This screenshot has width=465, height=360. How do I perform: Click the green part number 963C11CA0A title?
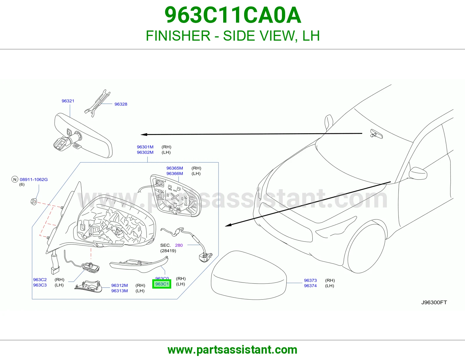[x=233, y=15]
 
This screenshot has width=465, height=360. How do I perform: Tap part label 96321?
[x=68, y=101]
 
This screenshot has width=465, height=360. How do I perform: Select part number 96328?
[x=121, y=104]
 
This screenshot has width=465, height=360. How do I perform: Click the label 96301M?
[x=145, y=147]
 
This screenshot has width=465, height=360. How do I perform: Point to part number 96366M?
[x=175, y=174]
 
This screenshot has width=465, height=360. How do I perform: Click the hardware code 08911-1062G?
[x=34, y=180]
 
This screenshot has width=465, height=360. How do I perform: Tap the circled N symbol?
[x=15, y=179]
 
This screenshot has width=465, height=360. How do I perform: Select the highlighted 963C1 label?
[x=162, y=284]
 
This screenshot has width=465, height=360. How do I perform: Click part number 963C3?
[x=40, y=285]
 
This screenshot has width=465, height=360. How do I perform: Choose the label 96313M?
[x=119, y=291]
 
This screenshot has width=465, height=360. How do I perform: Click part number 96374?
[x=310, y=286]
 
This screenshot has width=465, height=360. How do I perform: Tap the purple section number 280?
[x=179, y=245]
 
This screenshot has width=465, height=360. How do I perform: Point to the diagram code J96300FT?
[x=434, y=303]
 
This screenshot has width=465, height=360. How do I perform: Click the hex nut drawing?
[x=34, y=201]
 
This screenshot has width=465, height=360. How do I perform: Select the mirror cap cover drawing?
[x=249, y=275]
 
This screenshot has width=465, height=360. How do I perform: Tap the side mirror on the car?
[x=418, y=173]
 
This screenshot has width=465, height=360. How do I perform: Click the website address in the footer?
[x=233, y=350]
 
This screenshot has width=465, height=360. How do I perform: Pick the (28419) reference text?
[x=168, y=251]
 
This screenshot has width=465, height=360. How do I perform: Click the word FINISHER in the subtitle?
[x=178, y=36]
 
